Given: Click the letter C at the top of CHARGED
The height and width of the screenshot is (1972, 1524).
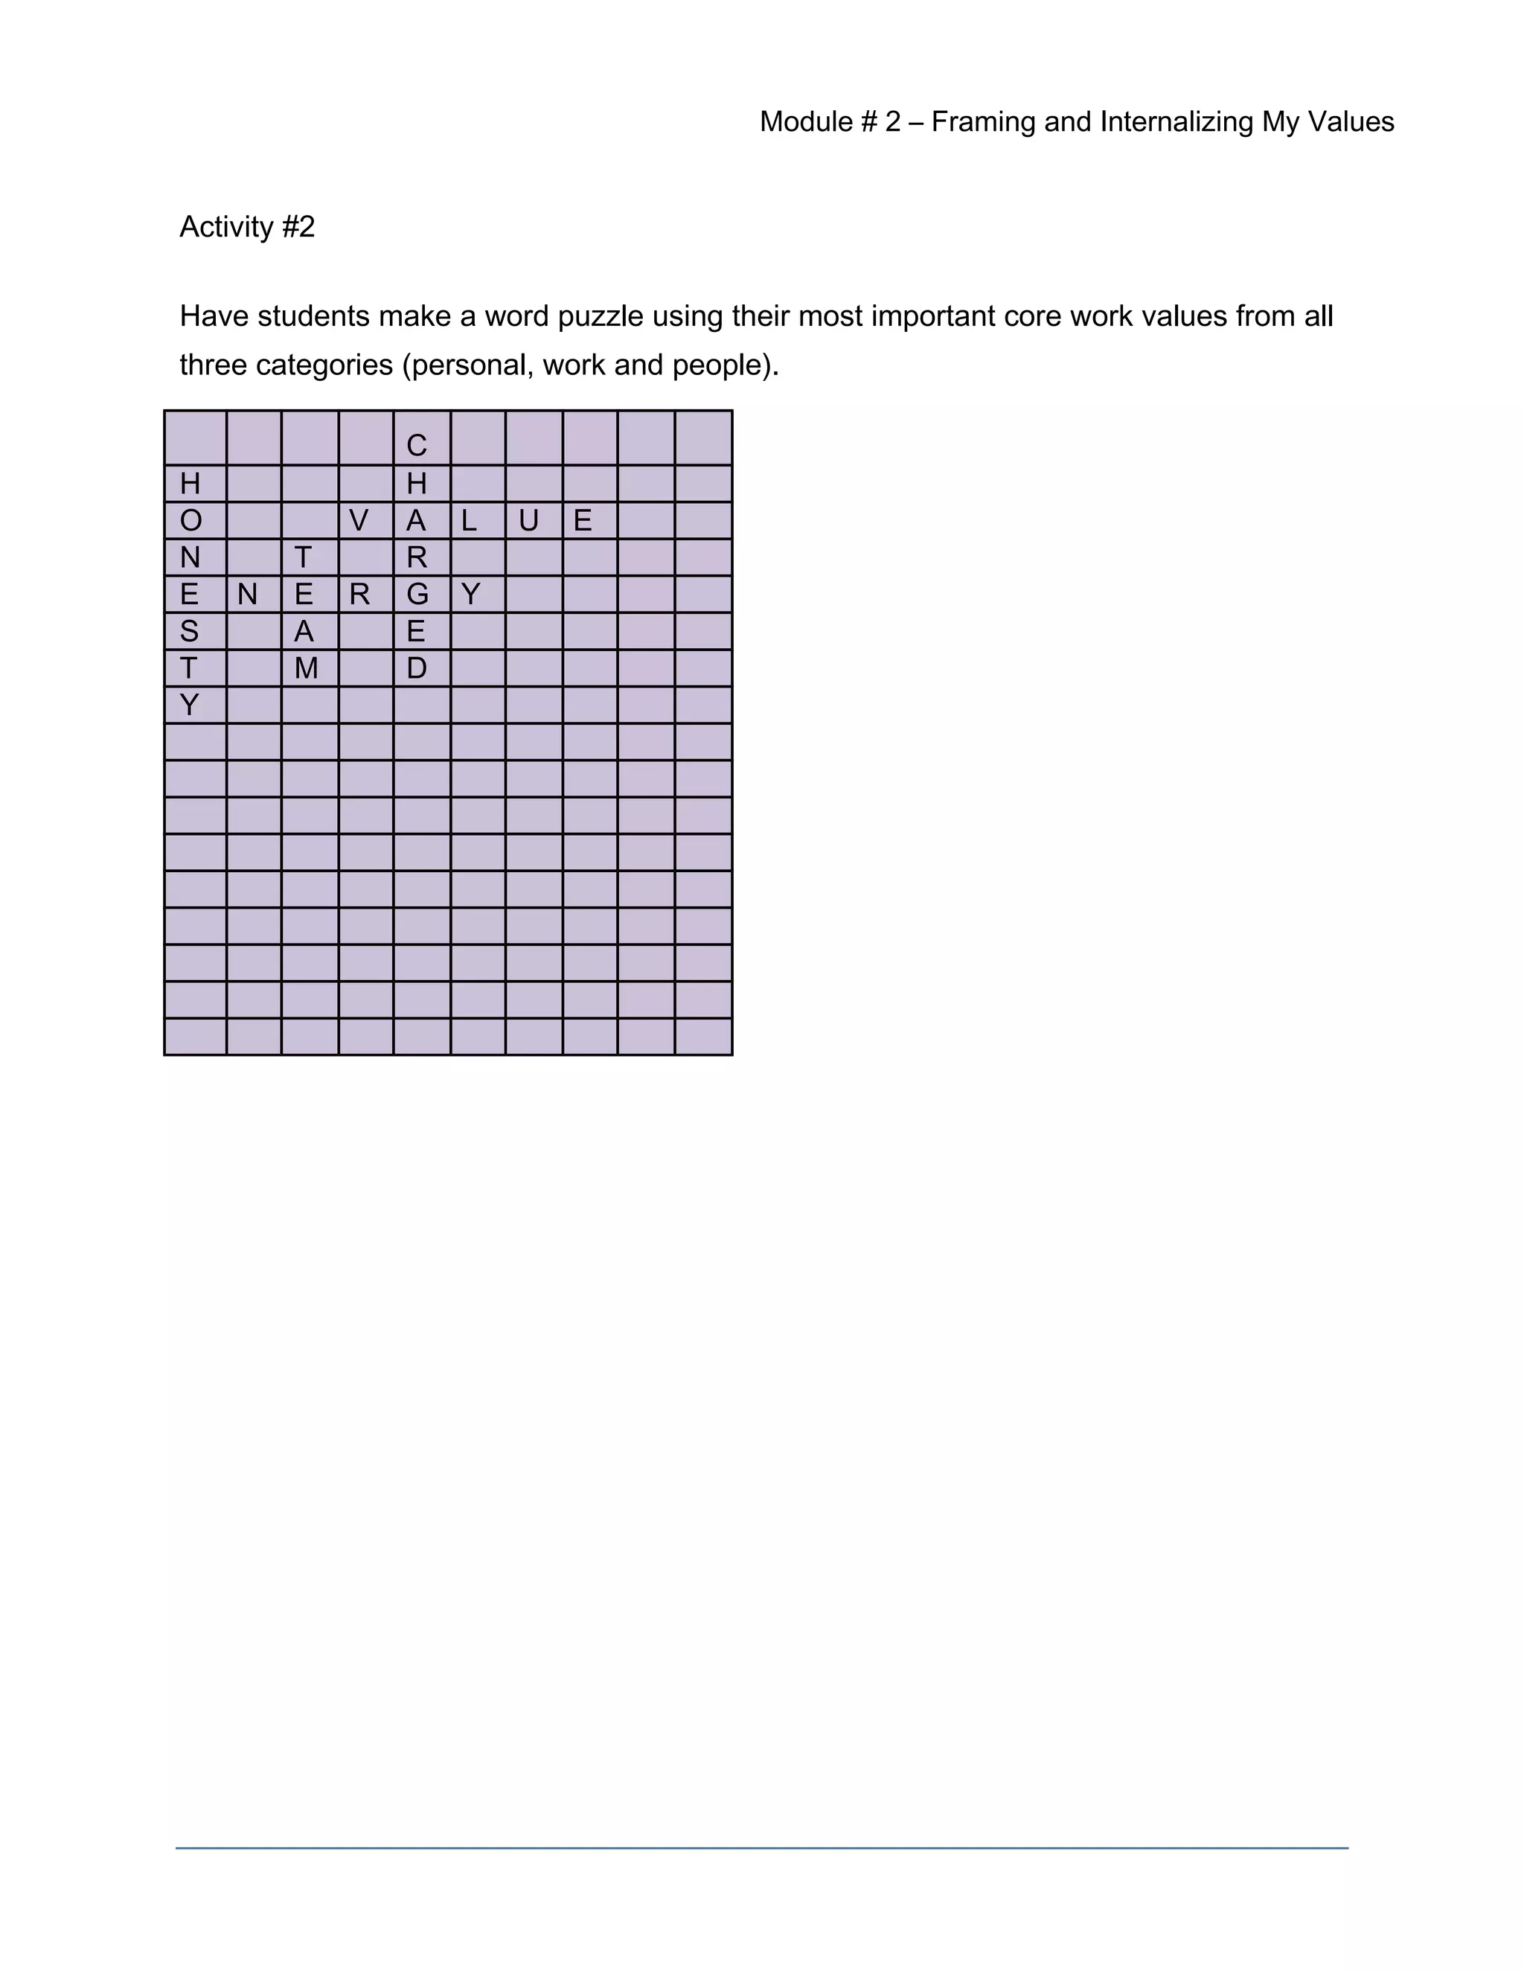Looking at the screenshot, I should pos(416,445).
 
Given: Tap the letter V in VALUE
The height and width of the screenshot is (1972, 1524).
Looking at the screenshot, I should pos(359,520).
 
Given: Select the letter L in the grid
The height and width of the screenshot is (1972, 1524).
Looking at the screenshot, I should pos(469,520).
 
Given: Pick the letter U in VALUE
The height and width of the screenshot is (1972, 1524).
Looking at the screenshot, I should pos(528,520).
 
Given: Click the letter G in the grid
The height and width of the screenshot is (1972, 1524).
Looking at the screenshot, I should pos(416,594).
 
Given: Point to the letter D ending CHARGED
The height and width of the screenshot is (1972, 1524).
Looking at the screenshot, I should pos(416,668).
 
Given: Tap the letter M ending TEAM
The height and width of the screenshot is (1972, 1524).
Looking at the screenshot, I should pos(306,668).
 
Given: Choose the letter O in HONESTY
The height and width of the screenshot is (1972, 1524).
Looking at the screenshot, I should pos(190,520).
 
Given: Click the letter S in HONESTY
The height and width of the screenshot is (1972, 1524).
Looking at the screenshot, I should pos(189,631).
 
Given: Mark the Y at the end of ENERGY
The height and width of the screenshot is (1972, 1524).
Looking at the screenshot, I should pos(470,594).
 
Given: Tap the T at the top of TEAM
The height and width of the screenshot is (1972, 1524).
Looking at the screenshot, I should pos(304,557).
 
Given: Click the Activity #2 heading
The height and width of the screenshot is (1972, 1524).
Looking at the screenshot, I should pos(247,227).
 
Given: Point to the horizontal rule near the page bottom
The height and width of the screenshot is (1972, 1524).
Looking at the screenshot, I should pos(761,1848).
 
